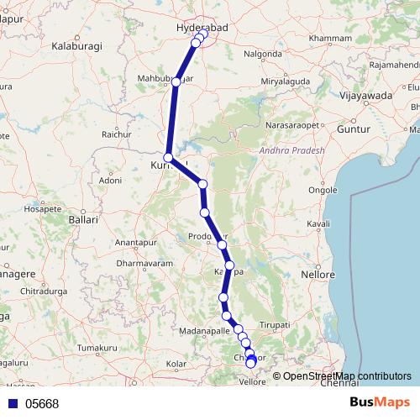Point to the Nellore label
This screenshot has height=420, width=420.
319,274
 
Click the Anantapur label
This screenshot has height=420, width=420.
136,242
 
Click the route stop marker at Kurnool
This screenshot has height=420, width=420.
169,157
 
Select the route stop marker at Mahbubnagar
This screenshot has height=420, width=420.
176,81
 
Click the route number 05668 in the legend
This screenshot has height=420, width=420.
42,404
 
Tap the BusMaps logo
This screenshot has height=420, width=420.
381,403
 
